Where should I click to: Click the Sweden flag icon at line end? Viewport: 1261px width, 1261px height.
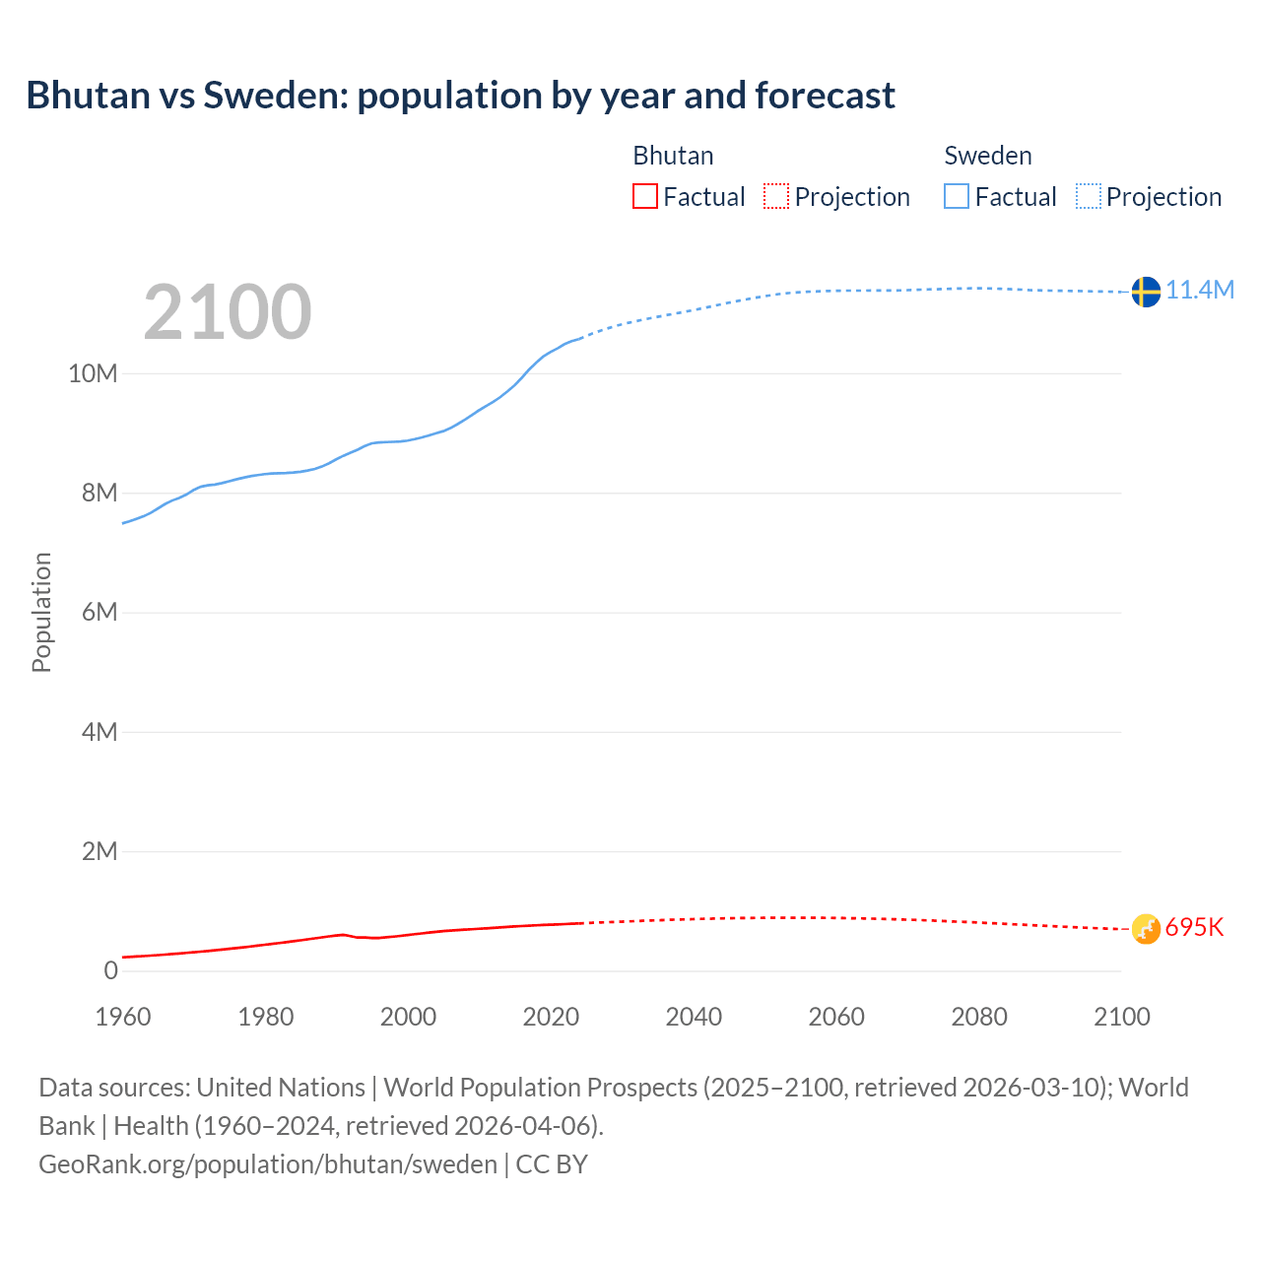pyautogui.click(x=1145, y=292)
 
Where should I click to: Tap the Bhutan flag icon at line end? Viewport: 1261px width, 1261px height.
pyautogui.click(x=1146, y=928)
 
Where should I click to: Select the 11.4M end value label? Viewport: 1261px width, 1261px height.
pyautogui.click(x=1200, y=290)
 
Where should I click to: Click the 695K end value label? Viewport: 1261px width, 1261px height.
pyautogui.click(x=1194, y=927)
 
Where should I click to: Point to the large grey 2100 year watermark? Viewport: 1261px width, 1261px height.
pyautogui.click(x=228, y=312)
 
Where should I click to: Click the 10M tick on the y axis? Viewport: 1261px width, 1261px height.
pyautogui.click(x=93, y=373)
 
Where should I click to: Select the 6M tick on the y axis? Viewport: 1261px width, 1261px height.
pyautogui.click(x=99, y=612)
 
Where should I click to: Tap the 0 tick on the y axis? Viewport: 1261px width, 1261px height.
pyautogui.click(x=110, y=970)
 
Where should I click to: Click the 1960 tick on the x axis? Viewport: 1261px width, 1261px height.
pyautogui.click(x=123, y=1017)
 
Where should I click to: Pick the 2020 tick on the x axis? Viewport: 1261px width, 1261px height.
pyautogui.click(x=551, y=1017)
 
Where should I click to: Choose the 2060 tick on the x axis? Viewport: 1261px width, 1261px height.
pyautogui.click(x=836, y=1017)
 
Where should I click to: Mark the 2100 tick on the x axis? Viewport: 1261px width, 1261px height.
pyautogui.click(x=1121, y=1017)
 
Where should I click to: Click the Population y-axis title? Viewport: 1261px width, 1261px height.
pyautogui.click(x=41, y=612)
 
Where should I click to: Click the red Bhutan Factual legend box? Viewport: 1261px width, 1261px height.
pyautogui.click(x=645, y=197)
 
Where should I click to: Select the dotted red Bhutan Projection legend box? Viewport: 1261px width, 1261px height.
pyautogui.click(x=776, y=197)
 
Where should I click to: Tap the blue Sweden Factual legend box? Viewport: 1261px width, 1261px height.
pyautogui.click(x=957, y=197)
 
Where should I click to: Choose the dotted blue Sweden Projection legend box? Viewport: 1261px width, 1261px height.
pyautogui.click(x=1088, y=197)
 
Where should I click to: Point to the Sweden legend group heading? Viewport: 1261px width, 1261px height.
pyautogui.click(x=988, y=156)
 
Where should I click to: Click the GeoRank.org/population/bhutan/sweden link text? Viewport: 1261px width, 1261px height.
pyautogui.click(x=268, y=1163)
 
